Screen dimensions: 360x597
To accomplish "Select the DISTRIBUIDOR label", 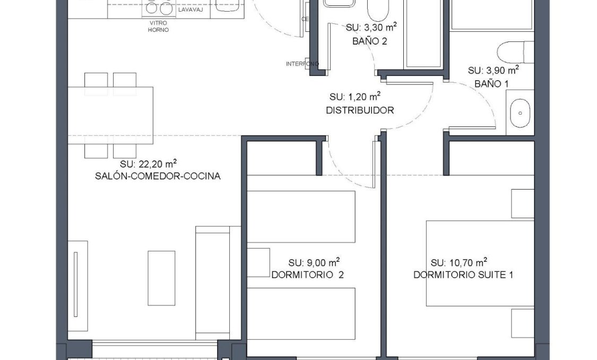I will pos(359,110).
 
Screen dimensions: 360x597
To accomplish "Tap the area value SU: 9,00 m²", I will pos(314,262).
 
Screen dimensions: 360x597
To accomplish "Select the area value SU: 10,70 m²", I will pos(459,262).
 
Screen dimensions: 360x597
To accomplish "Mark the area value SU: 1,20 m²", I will pos(354,97).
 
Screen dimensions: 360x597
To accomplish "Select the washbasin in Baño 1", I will pos(520,113).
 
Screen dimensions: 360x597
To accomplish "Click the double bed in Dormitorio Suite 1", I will pos(480,263).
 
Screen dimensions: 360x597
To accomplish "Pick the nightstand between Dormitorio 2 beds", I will pos(258,262).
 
